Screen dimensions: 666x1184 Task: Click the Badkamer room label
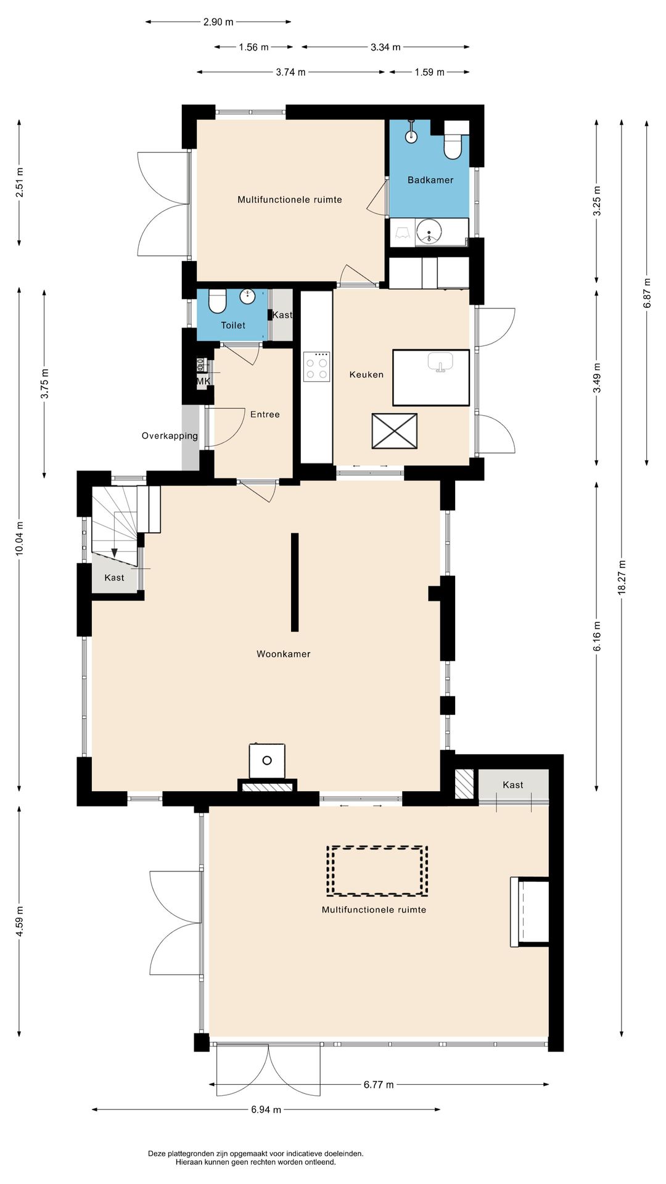430,180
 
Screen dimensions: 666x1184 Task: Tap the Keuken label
366,374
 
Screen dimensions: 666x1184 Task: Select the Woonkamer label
284,654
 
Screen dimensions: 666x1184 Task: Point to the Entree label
265,414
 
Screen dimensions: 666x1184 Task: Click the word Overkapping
170,436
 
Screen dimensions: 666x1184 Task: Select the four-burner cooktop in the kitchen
316,366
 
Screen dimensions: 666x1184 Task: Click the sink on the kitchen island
440,362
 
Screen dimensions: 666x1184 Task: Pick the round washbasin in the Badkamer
429,232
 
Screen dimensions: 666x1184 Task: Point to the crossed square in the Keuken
395,431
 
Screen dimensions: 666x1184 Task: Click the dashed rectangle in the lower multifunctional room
377,871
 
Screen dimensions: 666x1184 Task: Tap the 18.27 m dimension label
622,577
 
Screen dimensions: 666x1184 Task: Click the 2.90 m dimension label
218,22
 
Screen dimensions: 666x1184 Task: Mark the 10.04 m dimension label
19,538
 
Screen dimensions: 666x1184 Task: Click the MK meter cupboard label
203,382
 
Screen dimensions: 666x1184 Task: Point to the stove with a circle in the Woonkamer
267,761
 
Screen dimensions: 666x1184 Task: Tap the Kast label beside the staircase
114,578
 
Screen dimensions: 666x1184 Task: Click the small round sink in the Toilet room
247,297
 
